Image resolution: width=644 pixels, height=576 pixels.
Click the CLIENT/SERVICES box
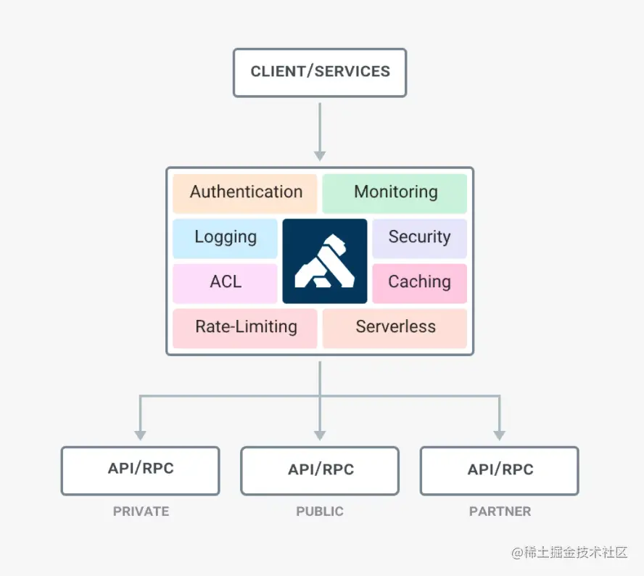click(320, 72)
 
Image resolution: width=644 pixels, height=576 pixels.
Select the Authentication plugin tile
click(245, 193)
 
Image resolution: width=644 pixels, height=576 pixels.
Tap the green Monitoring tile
click(395, 193)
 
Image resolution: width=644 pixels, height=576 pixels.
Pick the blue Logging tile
click(226, 238)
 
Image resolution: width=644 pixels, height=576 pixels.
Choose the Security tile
click(419, 238)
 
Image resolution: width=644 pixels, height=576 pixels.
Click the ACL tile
click(226, 282)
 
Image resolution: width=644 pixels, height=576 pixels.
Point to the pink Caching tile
click(419, 282)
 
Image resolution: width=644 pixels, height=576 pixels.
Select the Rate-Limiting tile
click(245, 327)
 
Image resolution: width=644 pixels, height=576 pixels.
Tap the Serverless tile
click(395, 327)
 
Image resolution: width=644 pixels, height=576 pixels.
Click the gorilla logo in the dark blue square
click(324, 260)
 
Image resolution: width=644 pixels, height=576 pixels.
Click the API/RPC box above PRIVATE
click(140, 470)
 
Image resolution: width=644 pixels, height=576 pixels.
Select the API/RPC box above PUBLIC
click(320, 470)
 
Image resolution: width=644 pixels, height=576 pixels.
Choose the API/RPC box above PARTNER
click(500, 470)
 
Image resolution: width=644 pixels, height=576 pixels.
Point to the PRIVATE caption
click(141, 511)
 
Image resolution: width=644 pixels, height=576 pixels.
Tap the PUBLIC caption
click(320, 511)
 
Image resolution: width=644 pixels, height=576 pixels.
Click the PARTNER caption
click(500, 511)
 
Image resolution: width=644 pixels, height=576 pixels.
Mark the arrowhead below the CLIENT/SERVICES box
click(320, 155)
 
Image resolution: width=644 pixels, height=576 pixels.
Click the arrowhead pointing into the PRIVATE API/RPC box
click(140, 435)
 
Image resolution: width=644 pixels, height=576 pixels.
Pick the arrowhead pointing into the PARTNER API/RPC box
click(500, 435)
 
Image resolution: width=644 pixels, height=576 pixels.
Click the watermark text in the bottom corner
click(569, 553)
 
